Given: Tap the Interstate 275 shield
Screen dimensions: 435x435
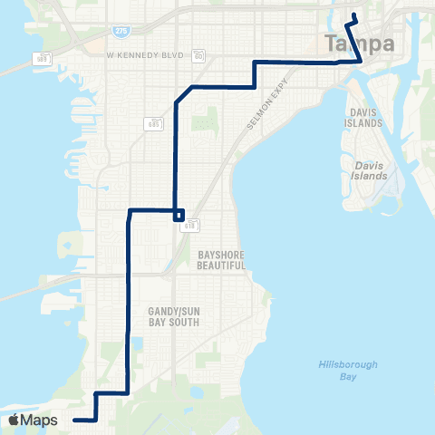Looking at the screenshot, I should tap(121, 32).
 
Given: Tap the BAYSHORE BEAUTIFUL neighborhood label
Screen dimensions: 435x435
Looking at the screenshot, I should tap(221, 260).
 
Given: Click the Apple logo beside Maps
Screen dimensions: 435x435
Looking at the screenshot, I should tap(14, 420).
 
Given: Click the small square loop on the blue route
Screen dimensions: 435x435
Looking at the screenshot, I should tap(179, 216).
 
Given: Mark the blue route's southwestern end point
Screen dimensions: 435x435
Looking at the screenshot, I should tap(74, 420).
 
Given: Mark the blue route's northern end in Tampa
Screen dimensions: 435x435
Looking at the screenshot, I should tap(353, 15).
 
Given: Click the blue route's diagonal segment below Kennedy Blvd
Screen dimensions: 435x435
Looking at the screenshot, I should tap(184, 93).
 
